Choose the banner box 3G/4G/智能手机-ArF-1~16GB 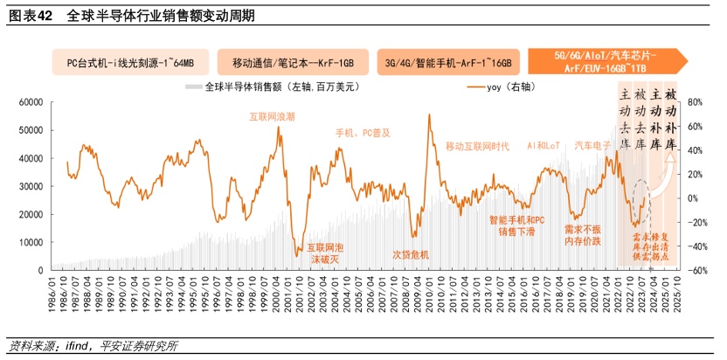pyautogui.click(x=448, y=63)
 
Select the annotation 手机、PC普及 pyautogui.click(x=363, y=133)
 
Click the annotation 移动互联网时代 pyautogui.click(x=477, y=146)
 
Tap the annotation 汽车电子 pyautogui.click(x=592, y=145)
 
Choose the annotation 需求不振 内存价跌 pyautogui.click(x=583, y=234)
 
